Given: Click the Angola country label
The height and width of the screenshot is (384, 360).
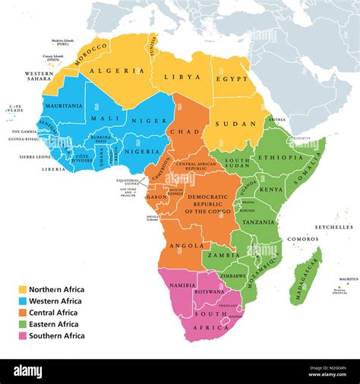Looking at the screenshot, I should click(187, 246).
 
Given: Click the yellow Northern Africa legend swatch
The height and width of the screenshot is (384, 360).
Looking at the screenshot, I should click(22, 289).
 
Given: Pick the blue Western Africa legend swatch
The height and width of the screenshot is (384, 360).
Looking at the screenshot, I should click(22, 301).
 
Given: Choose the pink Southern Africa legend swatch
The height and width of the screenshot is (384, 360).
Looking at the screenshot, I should click(22, 335).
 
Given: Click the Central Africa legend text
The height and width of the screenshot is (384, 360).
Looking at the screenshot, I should click(53, 313).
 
